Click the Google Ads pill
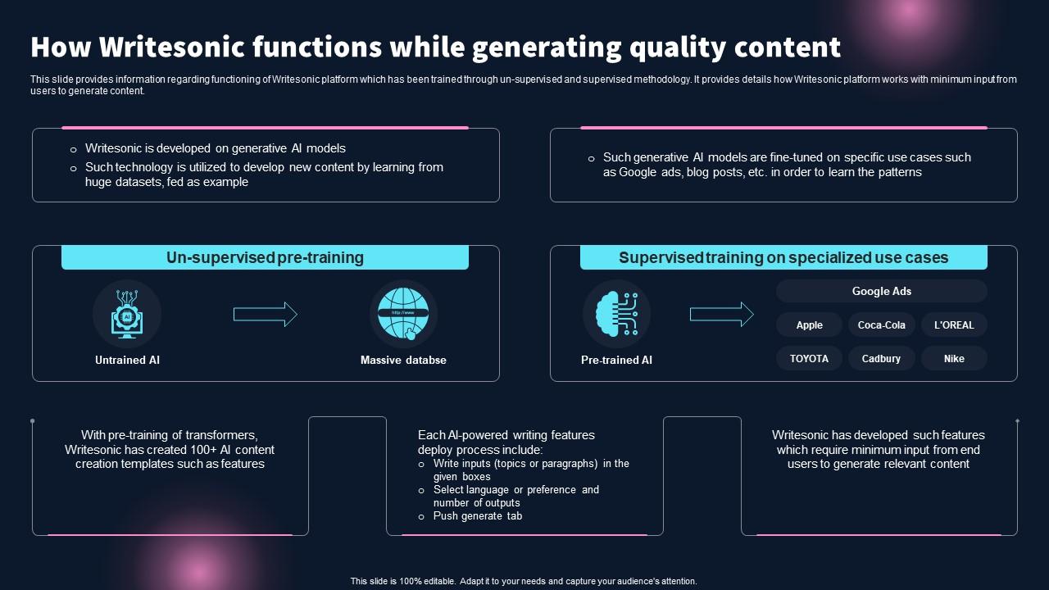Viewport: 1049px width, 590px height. (881, 291)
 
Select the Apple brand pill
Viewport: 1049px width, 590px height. (809, 325)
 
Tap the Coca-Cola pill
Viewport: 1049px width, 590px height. (881, 325)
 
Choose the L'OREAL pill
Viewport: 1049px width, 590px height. (954, 325)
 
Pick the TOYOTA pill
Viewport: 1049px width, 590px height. (809, 359)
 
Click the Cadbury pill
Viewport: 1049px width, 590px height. (881, 359)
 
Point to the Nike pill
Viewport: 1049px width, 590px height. (954, 359)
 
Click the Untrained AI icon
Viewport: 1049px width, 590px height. (127, 315)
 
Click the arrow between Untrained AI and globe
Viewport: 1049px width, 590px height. (265, 315)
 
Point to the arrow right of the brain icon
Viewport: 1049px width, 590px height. (721, 315)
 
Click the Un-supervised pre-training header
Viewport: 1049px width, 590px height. (265, 257)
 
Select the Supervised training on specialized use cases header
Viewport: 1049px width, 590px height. (783, 257)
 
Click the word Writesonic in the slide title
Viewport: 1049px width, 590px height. (158, 48)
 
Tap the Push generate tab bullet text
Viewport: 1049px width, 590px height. (478, 516)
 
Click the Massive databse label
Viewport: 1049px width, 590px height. (403, 361)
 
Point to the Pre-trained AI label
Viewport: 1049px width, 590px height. (616, 361)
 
